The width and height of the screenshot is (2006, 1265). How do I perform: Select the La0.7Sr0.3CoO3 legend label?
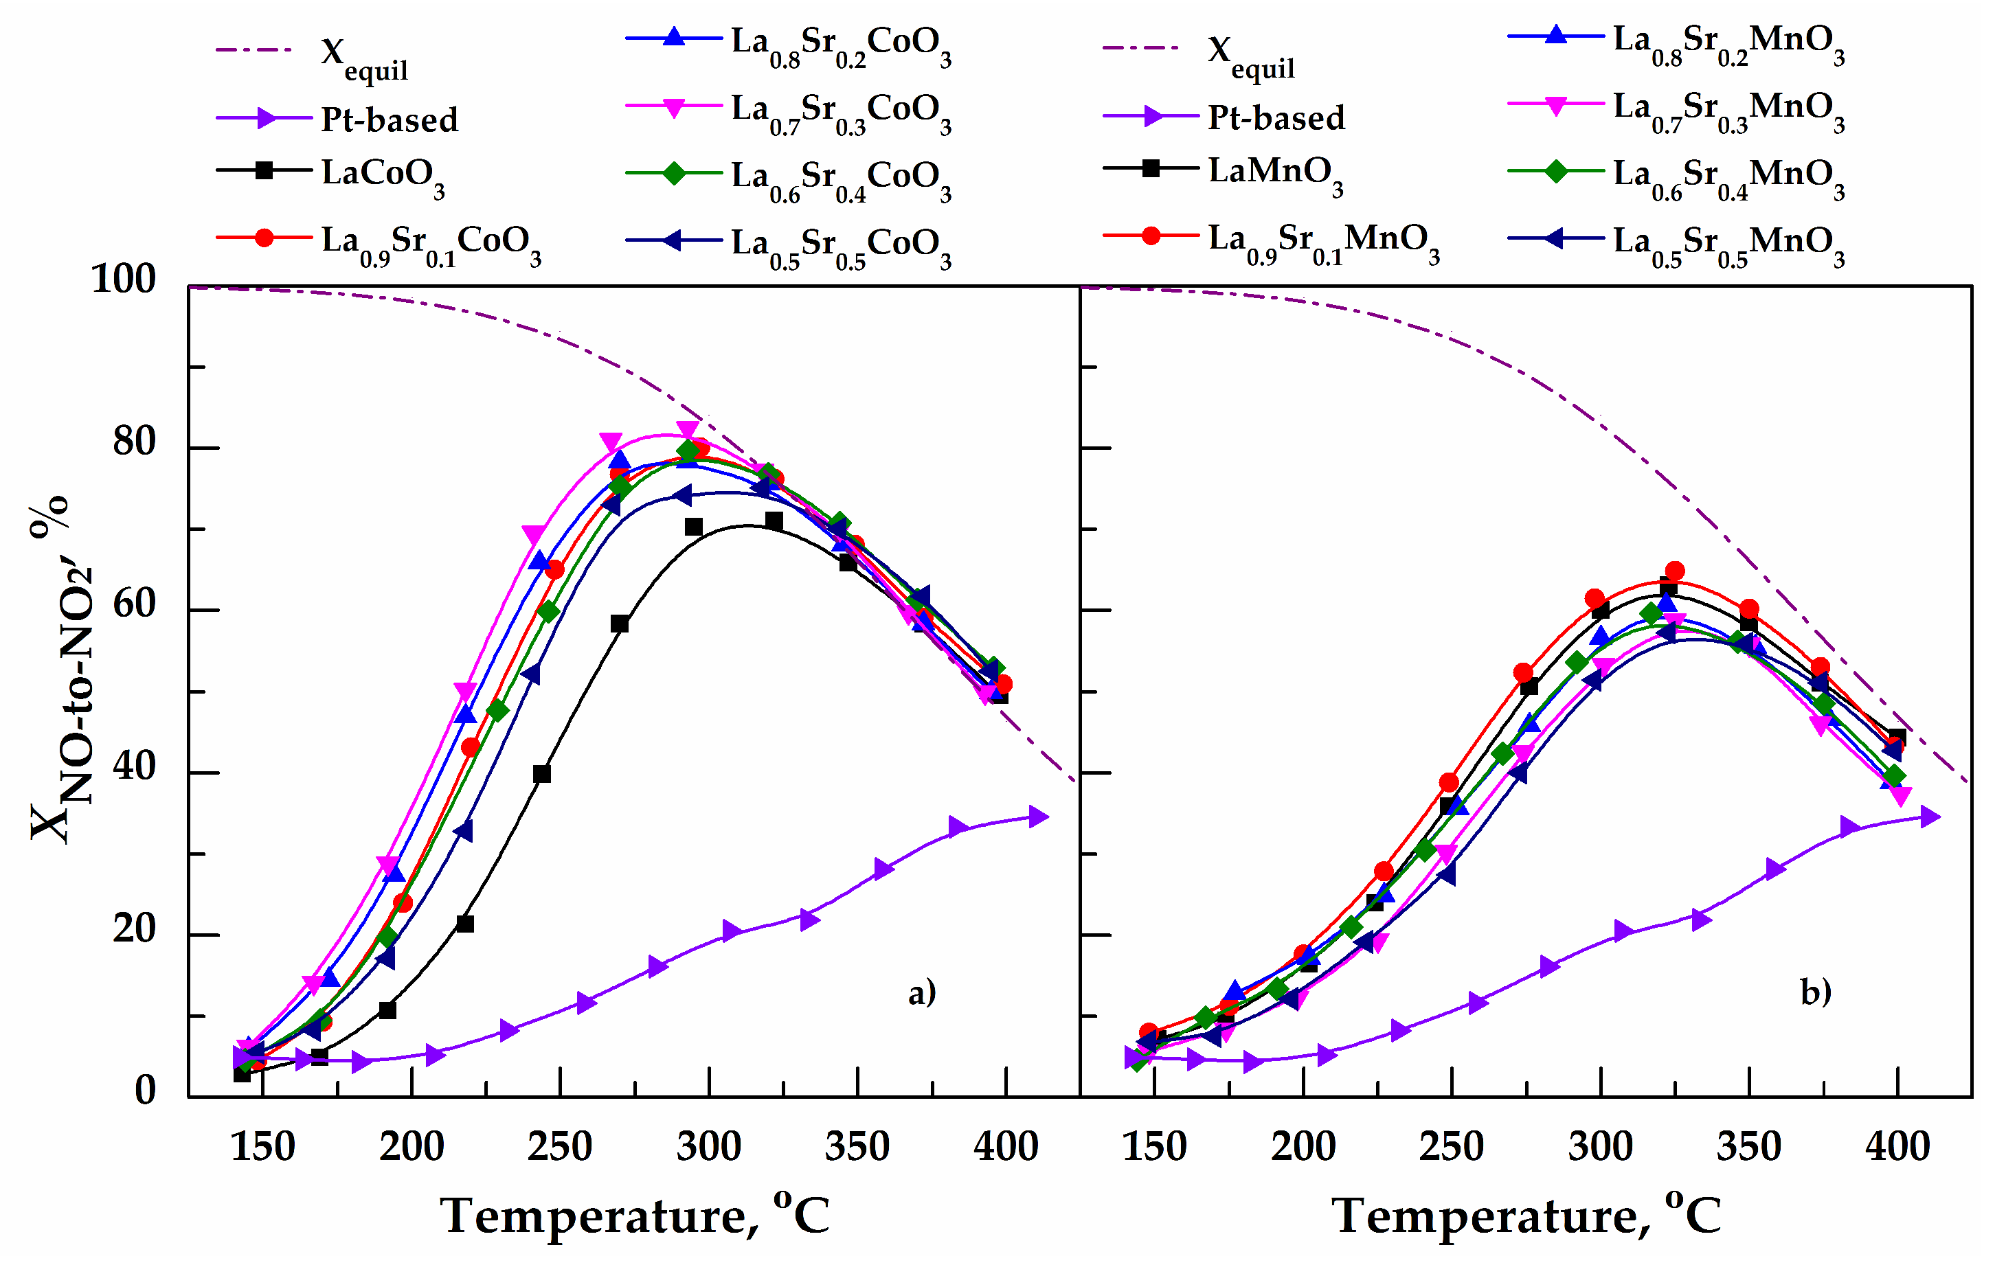839,111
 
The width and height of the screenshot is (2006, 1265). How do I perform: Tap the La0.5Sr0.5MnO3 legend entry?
1727,243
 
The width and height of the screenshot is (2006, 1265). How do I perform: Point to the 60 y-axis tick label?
134,604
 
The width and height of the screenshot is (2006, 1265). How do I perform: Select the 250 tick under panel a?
559,1146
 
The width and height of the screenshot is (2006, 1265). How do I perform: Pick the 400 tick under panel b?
1897,1146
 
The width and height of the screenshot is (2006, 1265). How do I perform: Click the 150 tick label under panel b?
1153,1146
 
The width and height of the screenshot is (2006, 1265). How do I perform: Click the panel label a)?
921,992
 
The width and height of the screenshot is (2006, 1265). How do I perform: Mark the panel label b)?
1815,992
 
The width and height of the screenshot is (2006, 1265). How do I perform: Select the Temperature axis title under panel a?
635,1216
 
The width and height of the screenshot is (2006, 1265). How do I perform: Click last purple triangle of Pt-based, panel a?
1038,816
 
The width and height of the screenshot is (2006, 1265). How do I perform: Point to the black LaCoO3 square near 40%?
541,774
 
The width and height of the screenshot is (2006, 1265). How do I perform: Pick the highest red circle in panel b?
1674,571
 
